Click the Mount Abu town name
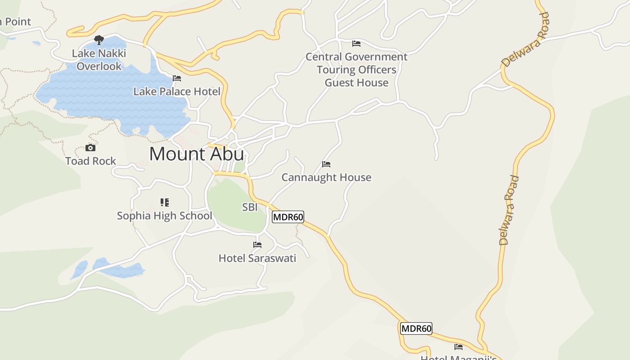coord(197,154)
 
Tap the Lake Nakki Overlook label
coord(99,60)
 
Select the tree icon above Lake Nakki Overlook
coord(99,40)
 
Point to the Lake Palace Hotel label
coord(177,92)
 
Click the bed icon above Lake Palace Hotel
coord(177,78)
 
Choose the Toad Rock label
coord(90,161)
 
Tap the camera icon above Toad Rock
coord(90,148)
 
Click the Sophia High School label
coord(164,216)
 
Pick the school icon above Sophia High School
coord(165,202)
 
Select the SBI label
coord(250,207)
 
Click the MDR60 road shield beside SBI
coord(288,217)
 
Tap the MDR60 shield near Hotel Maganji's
coord(416,328)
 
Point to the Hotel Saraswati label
coord(257,258)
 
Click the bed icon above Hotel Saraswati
coord(257,245)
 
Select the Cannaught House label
coord(326,178)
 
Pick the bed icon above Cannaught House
coord(326,164)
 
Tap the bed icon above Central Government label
coord(356,44)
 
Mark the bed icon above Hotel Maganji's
coord(459,347)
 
